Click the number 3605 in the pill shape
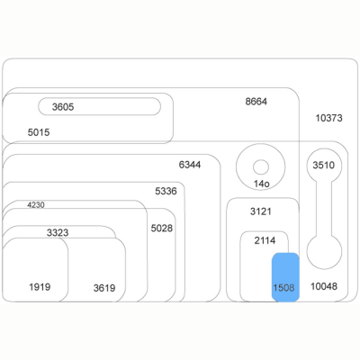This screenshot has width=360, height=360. pos(63,107)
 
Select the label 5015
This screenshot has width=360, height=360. pos(39,132)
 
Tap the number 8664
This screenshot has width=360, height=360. pos(256,102)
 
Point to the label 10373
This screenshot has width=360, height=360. pos(328,118)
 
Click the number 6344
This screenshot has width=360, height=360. pos(190,165)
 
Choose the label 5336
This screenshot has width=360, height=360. pos(166,191)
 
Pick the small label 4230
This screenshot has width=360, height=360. pos(36,205)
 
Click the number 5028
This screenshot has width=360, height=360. pos(162,229)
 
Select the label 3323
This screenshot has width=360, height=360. pos(58,232)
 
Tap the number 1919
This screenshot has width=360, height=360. pos(40,287)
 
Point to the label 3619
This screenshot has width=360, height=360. pos(104,288)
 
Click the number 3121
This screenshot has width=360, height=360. pos(261,211)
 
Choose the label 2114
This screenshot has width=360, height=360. pos(265,240)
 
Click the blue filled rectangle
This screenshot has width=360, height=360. pos(285,277)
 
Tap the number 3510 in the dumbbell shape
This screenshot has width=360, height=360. pos(323,165)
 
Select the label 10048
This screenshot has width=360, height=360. pos(324,286)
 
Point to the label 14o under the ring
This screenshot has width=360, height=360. pos(262,184)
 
